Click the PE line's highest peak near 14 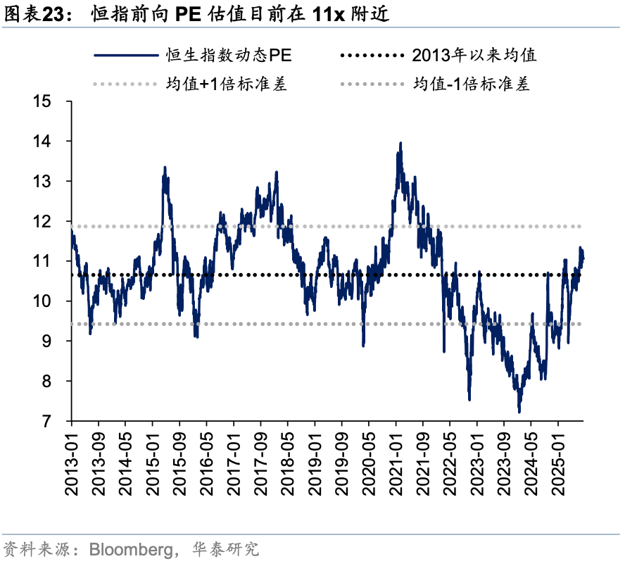pos(400,143)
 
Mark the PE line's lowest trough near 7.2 pos(519,412)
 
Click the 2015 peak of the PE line pos(165,168)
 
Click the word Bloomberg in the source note pos(128,549)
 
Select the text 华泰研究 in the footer pos(227,549)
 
